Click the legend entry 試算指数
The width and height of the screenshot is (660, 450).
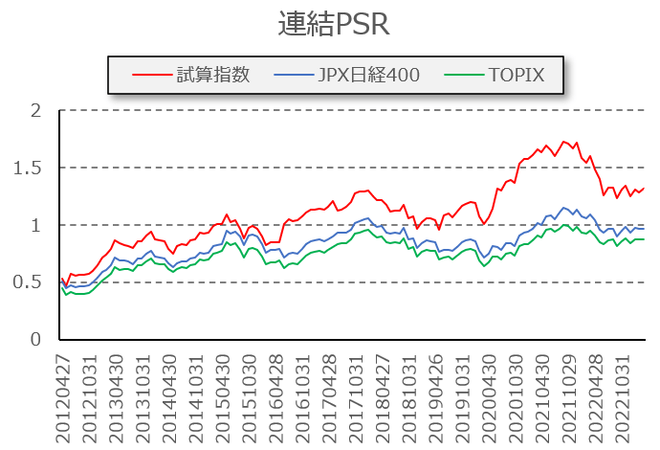point(212,75)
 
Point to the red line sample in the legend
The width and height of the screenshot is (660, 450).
point(150,75)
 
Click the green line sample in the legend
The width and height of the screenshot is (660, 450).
point(454,75)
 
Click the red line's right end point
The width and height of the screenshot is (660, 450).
point(644,188)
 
